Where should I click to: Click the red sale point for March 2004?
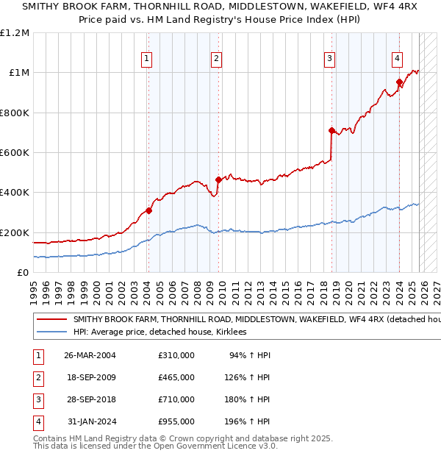148,210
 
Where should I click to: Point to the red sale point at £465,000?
218,179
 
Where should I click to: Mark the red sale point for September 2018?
331,130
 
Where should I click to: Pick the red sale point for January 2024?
398,82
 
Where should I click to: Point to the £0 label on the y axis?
24,273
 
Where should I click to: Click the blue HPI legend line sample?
51,332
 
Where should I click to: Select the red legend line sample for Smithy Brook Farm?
51,320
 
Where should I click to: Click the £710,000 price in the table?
176,399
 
